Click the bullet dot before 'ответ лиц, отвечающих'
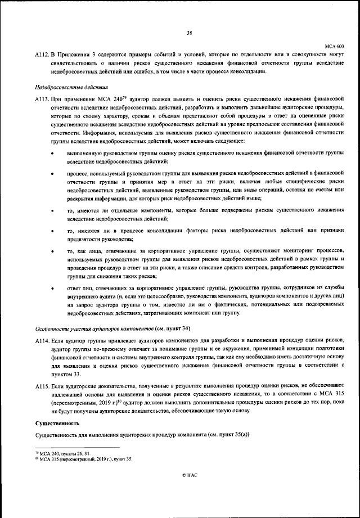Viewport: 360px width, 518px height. point(52,289)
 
